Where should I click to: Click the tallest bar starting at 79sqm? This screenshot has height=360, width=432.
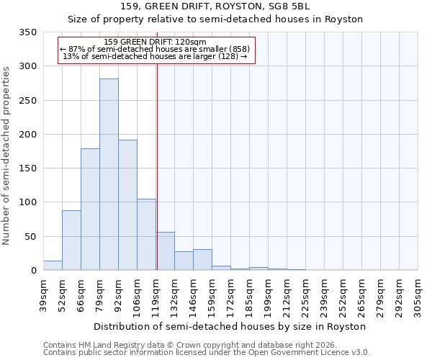(x=109, y=174)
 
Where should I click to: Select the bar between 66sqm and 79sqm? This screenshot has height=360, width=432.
(x=90, y=210)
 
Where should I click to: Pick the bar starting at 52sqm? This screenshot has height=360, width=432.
(x=71, y=240)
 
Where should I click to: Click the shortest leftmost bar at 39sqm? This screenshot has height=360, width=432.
(x=53, y=266)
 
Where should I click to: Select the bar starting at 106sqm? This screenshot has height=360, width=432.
(x=146, y=235)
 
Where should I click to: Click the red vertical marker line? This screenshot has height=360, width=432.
(x=157, y=166)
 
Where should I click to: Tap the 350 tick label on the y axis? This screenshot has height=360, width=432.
(x=28, y=32)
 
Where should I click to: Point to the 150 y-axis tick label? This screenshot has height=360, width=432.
(x=28, y=168)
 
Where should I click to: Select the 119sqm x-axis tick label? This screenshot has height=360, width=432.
(x=156, y=295)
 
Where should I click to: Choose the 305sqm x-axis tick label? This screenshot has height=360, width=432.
(x=419, y=295)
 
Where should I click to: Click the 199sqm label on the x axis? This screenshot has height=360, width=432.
(x=269, y=295)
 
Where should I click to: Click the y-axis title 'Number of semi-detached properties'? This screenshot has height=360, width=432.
(x=8, y=155)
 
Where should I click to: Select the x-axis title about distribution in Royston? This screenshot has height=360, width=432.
(x=230, y=326)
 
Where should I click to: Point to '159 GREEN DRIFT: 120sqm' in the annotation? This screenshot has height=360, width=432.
(x=155, y=42)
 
